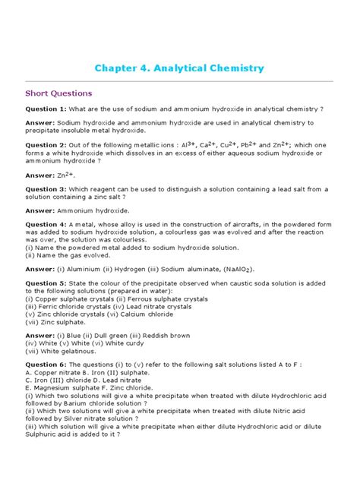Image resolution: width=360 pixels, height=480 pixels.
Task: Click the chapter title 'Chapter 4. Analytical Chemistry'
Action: pyautogui.click(x=179, y=68)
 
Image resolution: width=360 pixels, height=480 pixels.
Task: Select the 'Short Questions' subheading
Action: pyautogui.click(x=59, y=93)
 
